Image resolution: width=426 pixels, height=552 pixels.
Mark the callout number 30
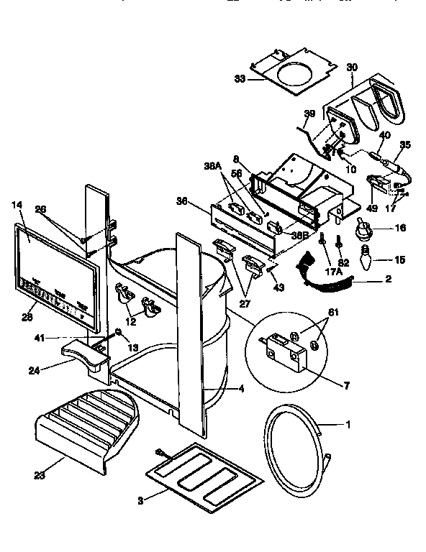tap(352, 65)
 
